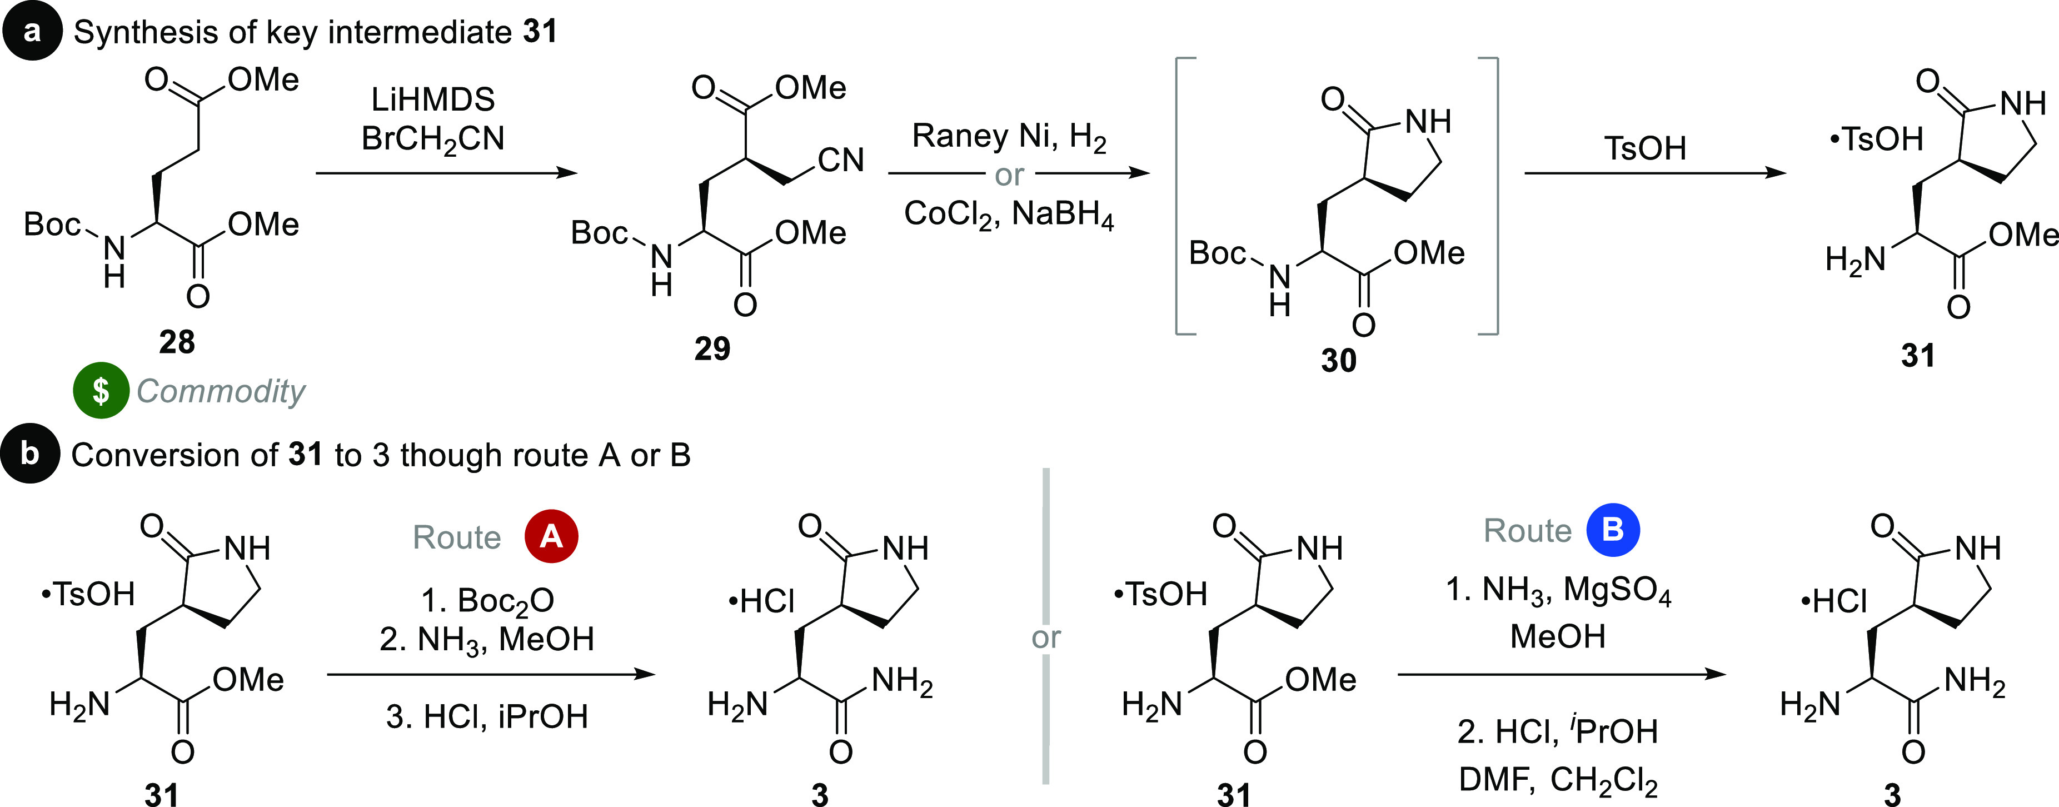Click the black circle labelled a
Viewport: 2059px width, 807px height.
[x=32, y=32]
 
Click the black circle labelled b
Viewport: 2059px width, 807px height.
[x=31, y=454]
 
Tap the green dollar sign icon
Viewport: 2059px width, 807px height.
[x=101, y=391]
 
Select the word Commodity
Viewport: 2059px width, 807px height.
[x=221, y=391]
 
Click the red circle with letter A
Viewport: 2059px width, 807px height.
[x=551, y=536]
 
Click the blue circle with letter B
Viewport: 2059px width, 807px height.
[x=1613, y=529]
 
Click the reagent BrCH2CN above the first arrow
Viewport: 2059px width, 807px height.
[x=432, y=139]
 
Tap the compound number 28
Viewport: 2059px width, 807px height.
[x=177, y=342]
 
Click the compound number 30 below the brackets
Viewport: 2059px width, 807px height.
[x=1339, y=360]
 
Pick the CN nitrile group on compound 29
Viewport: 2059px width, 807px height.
[x=840, y=161]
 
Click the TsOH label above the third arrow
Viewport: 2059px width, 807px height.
[x=1645, y=148]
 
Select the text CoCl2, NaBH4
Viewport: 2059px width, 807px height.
[x=1009, y=214]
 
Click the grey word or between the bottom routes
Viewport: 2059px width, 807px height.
[x=1045, y=637]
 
